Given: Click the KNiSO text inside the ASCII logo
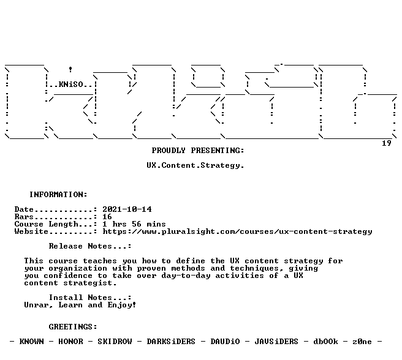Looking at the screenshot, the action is pos(71,84).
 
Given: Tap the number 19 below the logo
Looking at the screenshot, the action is pos(387,143).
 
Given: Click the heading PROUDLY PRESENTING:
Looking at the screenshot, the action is pos(198,151).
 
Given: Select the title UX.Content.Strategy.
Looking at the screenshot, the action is pos(195,165).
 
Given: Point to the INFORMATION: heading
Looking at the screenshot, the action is pos(58,195).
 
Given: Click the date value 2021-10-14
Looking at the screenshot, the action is pos(127,209).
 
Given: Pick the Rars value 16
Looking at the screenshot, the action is pos(107,217).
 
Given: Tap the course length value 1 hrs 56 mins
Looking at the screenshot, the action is pos(134,224).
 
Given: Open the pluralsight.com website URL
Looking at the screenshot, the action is pos(237,231).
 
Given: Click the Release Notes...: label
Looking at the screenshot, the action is pos(90,246).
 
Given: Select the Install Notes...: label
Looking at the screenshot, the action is pos(90,298).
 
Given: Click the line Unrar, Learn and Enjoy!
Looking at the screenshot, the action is pos(80,305).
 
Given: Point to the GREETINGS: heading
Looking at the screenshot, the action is pos(73,327).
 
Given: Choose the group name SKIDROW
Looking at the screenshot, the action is pos(115,342).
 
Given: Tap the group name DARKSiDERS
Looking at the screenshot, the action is pos(171,342).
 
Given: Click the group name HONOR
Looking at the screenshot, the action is pos(70,342).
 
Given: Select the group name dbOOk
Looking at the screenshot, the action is pos(325,342).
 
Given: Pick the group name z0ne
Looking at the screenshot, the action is pos(362,342).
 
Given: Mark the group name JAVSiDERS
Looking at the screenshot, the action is pos(276,342).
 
